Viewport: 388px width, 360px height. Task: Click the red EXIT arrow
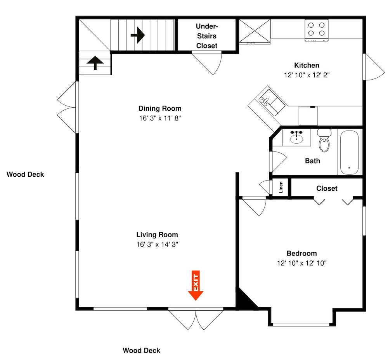(196, 285)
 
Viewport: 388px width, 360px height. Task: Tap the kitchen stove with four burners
(317, 30)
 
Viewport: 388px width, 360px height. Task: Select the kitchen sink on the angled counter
(272, 103)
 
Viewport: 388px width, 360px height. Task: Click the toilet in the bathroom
(324, 140)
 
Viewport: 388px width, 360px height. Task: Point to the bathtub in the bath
(349, 153)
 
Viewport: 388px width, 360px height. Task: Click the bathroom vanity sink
(296, 137)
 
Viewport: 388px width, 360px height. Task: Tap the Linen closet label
(281, 187)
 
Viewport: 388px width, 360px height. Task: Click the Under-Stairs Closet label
(207, 36)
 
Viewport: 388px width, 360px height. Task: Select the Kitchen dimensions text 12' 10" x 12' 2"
(307, 75)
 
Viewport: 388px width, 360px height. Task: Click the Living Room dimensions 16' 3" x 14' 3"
(157, 244)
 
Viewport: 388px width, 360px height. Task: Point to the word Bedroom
(301, 253)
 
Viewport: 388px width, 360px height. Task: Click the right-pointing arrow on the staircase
(138, 35)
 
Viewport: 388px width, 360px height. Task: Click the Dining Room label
(160, 108)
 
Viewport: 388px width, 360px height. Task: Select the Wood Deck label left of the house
(25, 174)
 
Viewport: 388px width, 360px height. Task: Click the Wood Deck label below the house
(141, 350)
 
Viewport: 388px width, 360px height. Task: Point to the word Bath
(312, 161)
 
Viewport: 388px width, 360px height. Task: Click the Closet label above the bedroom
(327, 188)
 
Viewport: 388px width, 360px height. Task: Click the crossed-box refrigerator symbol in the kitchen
(255, 31)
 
